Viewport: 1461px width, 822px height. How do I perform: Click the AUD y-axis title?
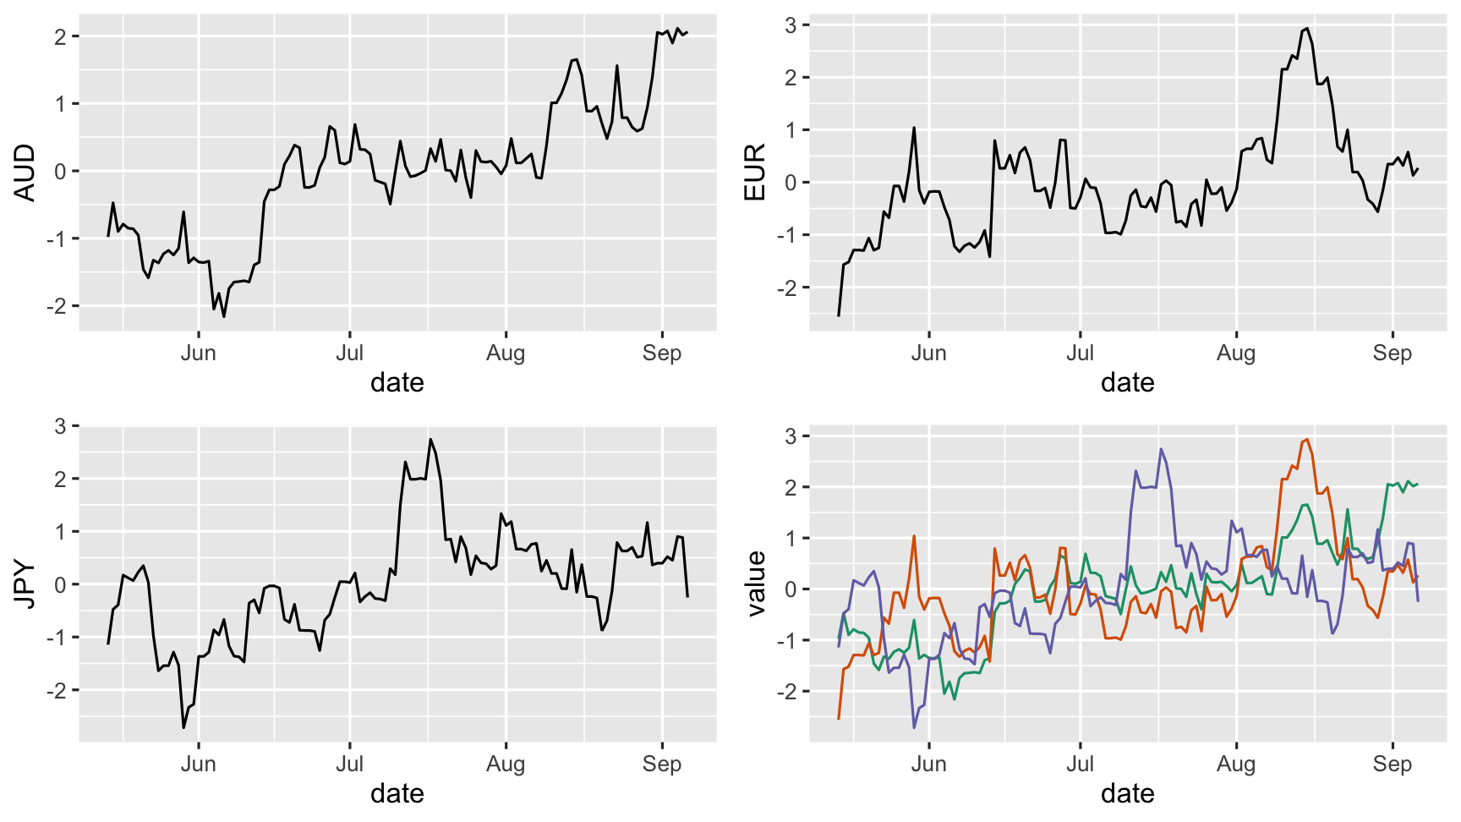click(x=25, y=173)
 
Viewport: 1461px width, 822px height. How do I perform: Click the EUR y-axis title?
click(x=754, y=173)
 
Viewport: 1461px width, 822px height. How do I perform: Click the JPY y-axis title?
click(x=25, y=584)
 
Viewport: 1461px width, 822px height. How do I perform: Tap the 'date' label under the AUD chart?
click(x=397, y=383)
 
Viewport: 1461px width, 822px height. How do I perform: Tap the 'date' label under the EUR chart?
click(x=1127, y=383)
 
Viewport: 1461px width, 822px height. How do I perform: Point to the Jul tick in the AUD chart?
click(x=349, y=353)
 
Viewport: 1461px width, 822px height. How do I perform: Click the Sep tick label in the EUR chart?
click(x=1392, y=353)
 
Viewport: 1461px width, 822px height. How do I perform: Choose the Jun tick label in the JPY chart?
click(x=198, y=764)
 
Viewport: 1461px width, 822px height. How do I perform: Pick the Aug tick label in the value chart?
click(x=1235, y=764)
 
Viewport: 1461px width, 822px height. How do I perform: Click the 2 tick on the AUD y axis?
click(x=60, y=36)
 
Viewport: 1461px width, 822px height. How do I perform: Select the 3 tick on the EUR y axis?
click(x=791, y=25)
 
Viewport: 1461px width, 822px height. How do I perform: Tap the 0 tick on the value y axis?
click(x=791, y=589)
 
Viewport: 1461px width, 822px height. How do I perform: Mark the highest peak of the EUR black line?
click(x=1307, y=28)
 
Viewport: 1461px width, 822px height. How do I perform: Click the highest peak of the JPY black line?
click(x=430, y=439)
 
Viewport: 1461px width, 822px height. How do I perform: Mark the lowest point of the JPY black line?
click(x=183, y=727)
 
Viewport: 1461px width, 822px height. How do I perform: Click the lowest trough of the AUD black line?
click(x=224, y=316)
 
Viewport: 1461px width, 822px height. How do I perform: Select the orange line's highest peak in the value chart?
click(x=1307, y=439)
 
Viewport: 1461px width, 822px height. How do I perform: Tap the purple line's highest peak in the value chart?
click(x=1161, y=449)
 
